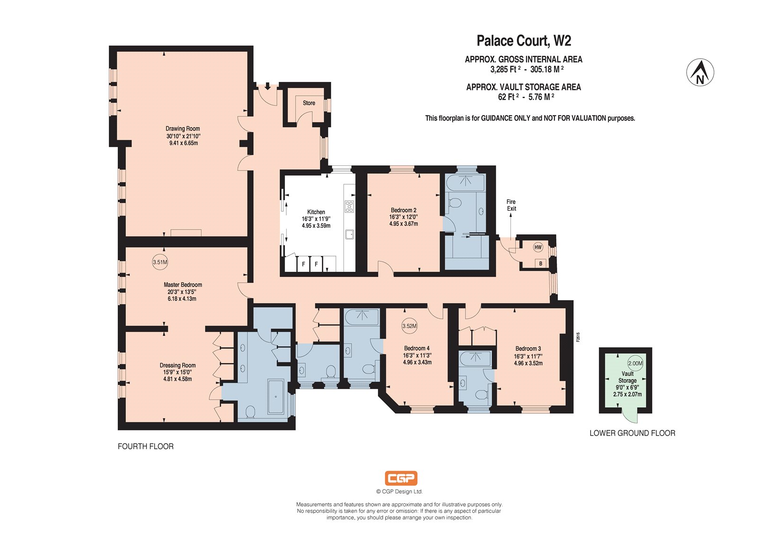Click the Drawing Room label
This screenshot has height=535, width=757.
click(183, 128)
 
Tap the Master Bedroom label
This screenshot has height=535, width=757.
click(183, 285)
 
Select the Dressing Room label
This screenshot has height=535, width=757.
click(178, 365)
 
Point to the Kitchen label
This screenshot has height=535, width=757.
click(316, 212)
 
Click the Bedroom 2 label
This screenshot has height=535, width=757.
click(404, 210)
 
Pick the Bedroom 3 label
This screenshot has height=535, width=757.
click(528, 348)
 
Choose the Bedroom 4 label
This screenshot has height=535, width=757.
click(417, 348)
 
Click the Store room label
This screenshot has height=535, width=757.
click(309, 103)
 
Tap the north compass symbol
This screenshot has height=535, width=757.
click(700, 72)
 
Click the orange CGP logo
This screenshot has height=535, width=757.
click(401, 478)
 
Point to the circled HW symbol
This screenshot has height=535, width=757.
click(538, 247)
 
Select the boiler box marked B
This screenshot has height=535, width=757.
click(541, 263)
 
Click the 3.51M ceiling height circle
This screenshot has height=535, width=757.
click(160, 262)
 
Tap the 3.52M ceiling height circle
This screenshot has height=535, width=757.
click(410, 326)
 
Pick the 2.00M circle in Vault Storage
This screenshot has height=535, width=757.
click(635, 363)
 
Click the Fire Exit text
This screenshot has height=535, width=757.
click(511, 205)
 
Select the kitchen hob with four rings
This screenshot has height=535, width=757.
click(349, 206)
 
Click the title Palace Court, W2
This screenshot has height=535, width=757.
click(524, 41)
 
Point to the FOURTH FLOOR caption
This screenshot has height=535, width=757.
click(146, 446)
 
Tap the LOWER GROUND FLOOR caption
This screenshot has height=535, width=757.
click(632, 433)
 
